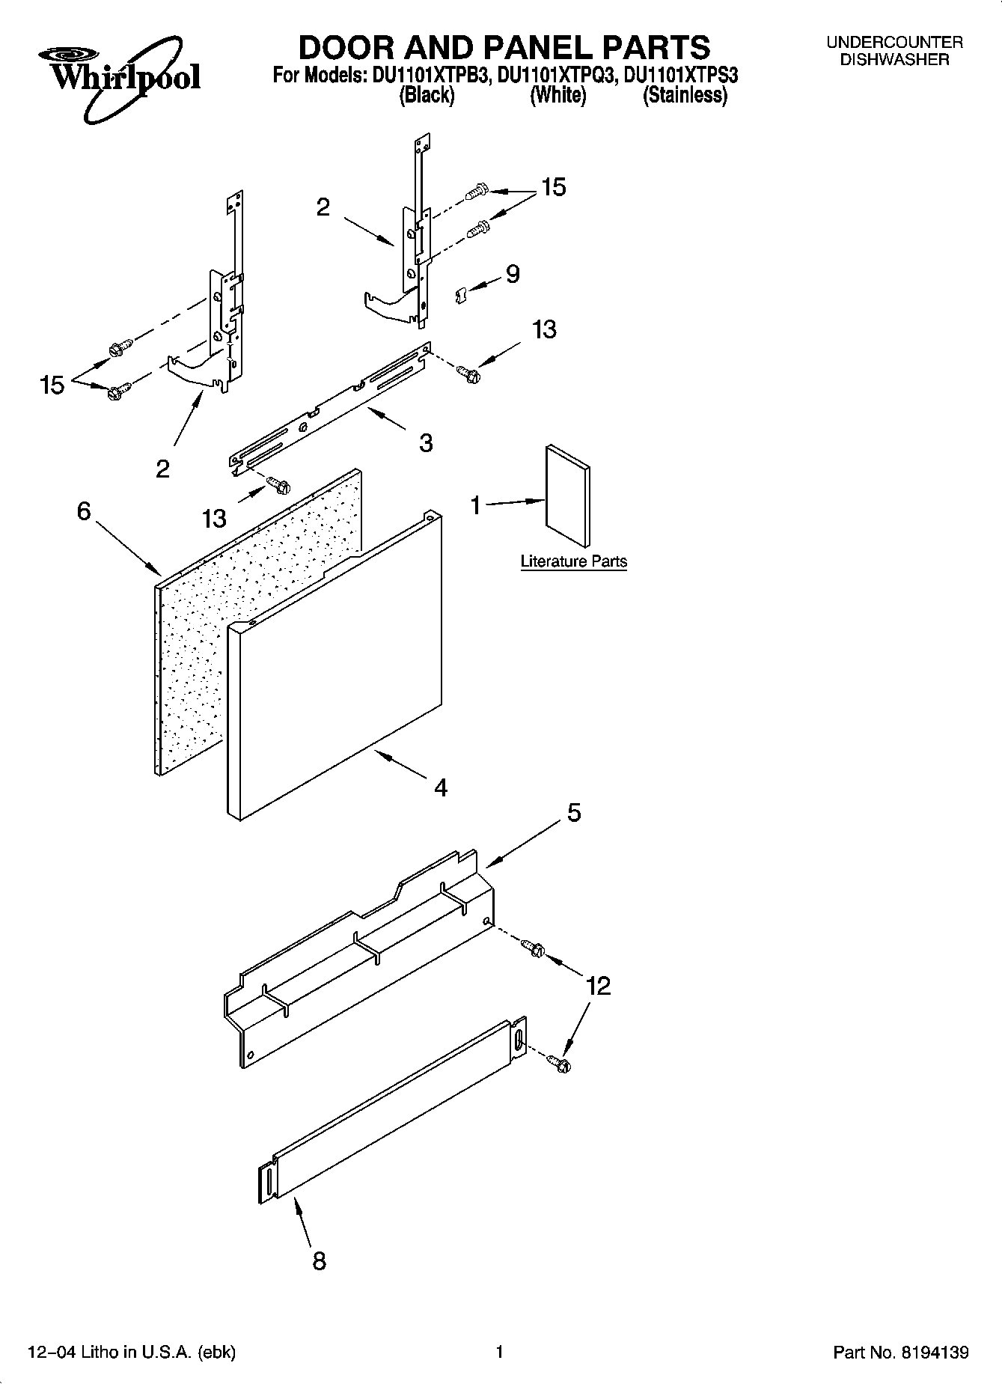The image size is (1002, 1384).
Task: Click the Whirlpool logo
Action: [x=120, y=79]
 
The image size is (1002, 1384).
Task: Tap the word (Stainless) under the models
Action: [x=685, y=95]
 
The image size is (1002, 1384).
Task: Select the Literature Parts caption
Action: [x=573, y=561]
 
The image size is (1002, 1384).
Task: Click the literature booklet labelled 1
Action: [x=567, y=496]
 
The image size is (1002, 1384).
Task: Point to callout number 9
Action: [x=513, y=274]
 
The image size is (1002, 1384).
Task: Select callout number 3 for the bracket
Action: [x=425, y=443]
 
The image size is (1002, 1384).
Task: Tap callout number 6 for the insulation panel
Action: [x=84, y=511]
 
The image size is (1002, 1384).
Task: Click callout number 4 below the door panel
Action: [x=441, y=787]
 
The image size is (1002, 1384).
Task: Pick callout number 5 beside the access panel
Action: [x=573, y=812]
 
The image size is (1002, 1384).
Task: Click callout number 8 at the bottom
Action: [x=319, y=1261]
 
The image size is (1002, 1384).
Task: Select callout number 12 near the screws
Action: [x=598, y=986]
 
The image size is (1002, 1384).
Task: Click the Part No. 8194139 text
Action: [x=901, y=1352]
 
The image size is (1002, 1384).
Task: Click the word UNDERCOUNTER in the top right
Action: [x=894, y=43]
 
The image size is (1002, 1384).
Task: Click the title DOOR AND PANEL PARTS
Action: [x=504, y=47]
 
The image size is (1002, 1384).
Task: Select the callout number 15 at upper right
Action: [x=554, y=187]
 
